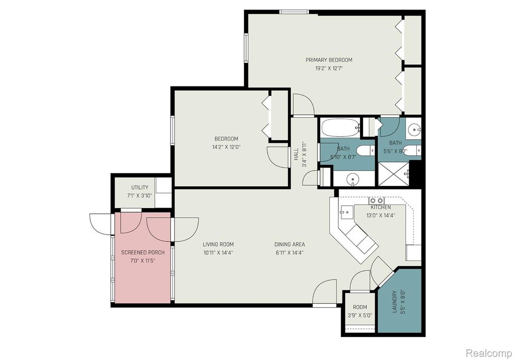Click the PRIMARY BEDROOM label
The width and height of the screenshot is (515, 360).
[329, 60]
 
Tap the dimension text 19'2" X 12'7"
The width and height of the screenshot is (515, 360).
[329, 69]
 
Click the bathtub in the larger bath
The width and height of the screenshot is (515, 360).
[340, 128]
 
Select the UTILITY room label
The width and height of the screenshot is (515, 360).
[140, 188]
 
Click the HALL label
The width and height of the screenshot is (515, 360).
[296, 154]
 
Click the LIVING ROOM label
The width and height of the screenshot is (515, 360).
[218, 244]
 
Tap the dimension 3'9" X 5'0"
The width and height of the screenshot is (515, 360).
[360, 316]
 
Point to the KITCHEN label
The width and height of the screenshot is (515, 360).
[381, 207]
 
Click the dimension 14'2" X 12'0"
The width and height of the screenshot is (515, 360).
[227, 147]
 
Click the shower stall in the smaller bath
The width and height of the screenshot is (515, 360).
[394, 172]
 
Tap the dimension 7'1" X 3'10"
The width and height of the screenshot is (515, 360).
[140, 197]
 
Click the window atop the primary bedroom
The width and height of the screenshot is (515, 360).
[294, 12]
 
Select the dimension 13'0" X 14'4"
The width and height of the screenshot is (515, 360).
[381, 215]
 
